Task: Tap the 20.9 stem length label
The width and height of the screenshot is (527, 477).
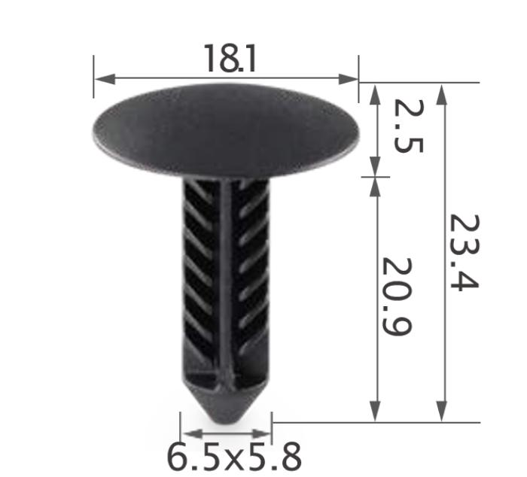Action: tap(397, 297)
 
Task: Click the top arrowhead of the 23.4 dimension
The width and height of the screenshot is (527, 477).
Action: tap(442, 90)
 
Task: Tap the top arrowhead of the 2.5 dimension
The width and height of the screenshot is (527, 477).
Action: tap(375, 90)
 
